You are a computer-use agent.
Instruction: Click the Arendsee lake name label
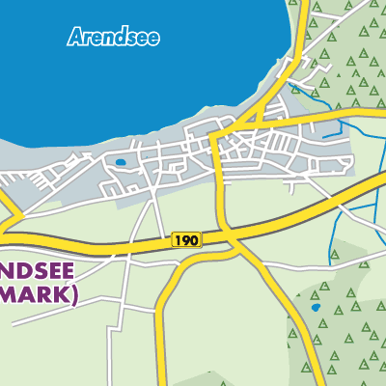114,39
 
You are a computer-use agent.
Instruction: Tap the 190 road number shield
187,238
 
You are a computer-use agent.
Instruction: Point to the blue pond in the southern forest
315,308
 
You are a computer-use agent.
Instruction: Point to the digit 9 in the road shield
187,238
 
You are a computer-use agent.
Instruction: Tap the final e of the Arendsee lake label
154,40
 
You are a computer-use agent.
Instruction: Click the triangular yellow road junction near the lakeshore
253,121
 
